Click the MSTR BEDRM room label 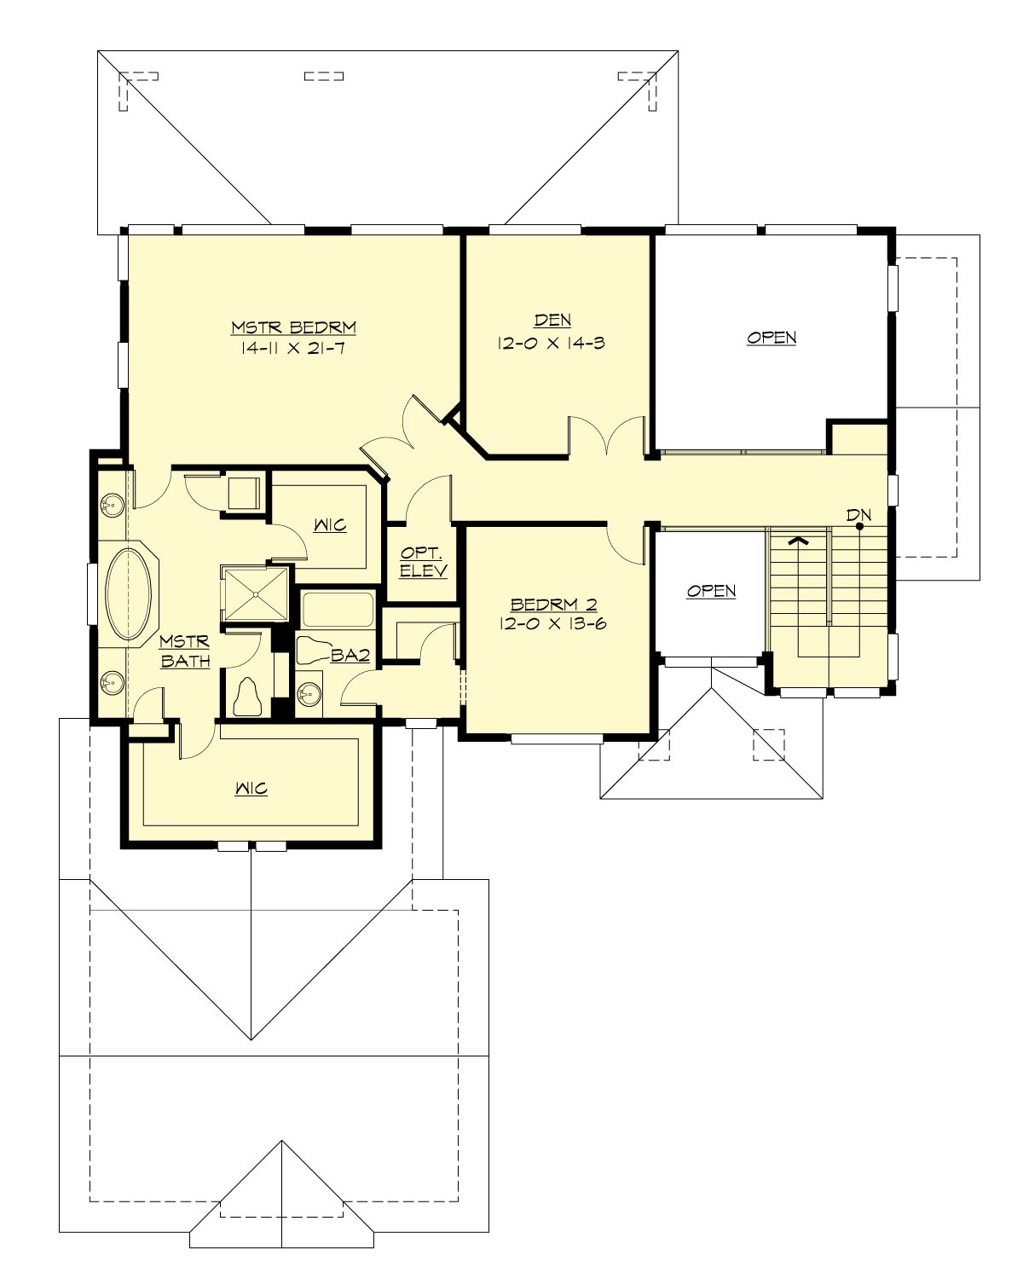(293, 327)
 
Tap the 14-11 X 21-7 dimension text (293, 348)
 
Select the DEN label (552, 321)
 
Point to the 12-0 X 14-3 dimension (552, 343)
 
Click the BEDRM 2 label (552, 605)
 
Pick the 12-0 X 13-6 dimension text (552, 623)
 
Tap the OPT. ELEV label (423, 563)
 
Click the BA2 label (350, 655)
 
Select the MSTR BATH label (185, 651)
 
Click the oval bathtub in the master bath (128, 593)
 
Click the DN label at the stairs (858, 515)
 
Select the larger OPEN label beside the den (772, 338)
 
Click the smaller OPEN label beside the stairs (711, 591)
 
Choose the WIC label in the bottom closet (251, 788)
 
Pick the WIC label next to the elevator (329, 524)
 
